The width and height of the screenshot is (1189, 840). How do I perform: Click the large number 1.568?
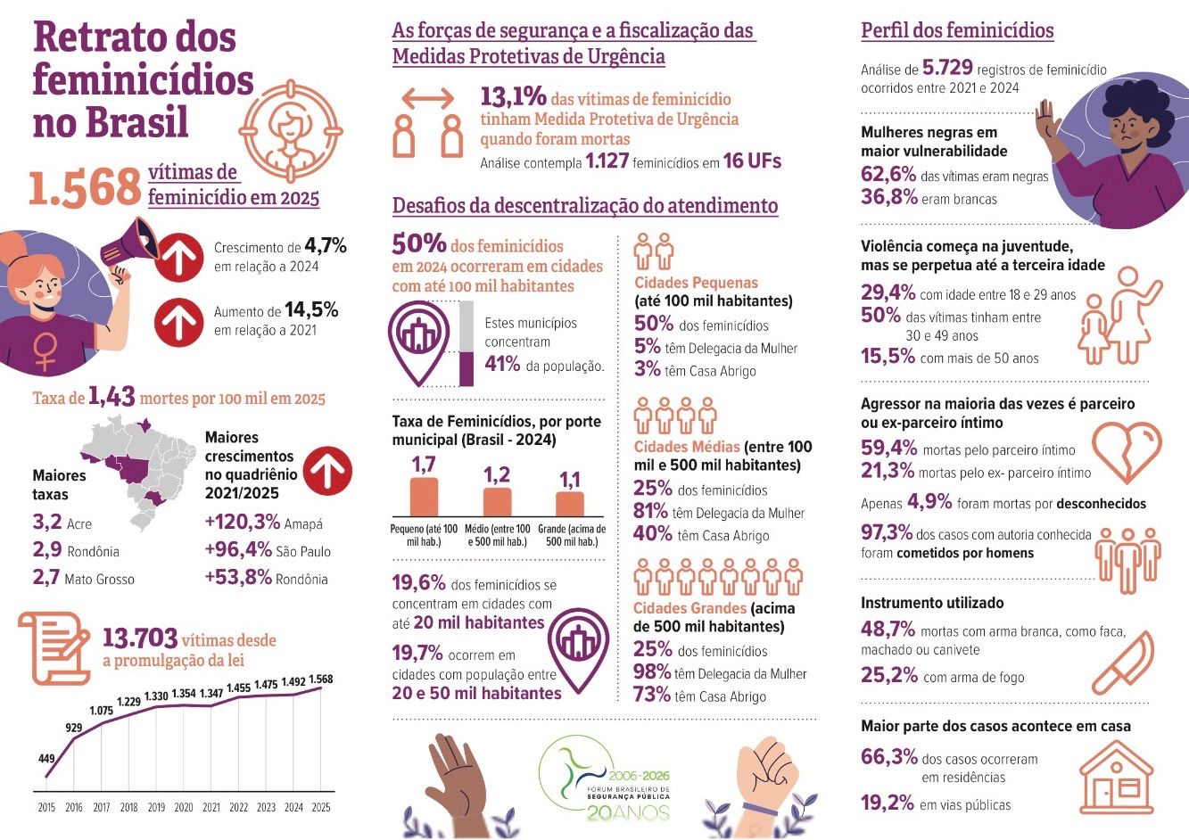pos(86,187)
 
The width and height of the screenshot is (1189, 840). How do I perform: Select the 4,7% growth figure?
pos(326,245)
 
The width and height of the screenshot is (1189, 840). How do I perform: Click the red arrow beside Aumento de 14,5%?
pos(179,321)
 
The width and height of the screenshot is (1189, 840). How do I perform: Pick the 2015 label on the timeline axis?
pos(46,807)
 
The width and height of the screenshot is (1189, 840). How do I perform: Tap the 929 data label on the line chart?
pos(73,729)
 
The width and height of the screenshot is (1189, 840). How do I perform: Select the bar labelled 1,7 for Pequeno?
pos(424,497)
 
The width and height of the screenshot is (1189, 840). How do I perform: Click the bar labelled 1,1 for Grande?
pos(569,504)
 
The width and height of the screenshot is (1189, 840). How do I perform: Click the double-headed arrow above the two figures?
pos(428,97)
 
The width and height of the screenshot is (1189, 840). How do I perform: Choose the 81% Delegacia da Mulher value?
pos(651,511)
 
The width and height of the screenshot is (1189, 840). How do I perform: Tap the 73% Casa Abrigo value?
pos(651,695)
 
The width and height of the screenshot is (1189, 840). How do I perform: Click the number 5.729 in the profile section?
pos(947,69)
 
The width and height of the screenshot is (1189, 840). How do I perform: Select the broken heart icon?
pos(1127,451)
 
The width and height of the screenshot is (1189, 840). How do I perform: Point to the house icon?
pos(1115,778)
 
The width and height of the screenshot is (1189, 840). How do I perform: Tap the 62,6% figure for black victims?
pos(888,174)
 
